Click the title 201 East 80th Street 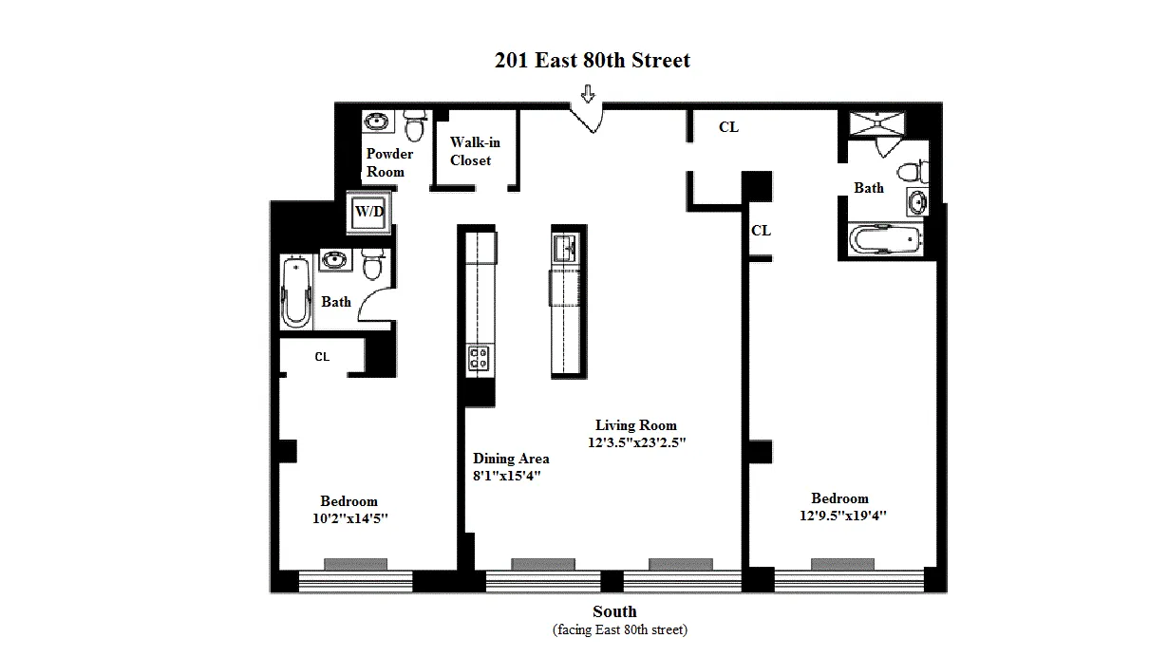pyautogui.click(x=592, y=61)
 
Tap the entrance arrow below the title pyautogui.click(x=588, y=94)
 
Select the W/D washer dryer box pyautogui.click(x=369, y=213)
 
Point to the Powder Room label pyautogui.click(x=388, y=162)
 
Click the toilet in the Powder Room pyautogui.click(x=415, y=124)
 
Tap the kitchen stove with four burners pyautogui.click(x=478, y=357)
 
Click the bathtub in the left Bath pyautogui.click(x=297, y=291)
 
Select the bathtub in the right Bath pyautogui.click(x=884, y=240)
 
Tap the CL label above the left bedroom pyautogui.click(x=322, y=357)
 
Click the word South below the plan pyautogui.click(x=614, y=611)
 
